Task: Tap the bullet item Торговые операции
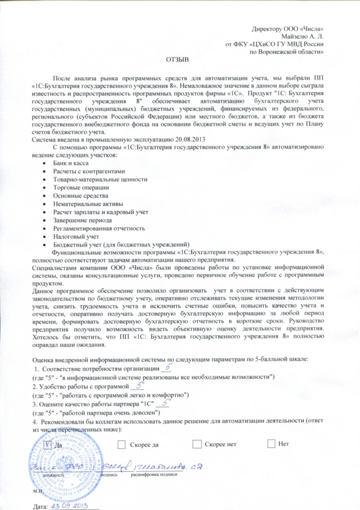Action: click(80, 187)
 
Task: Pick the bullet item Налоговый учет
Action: click(76, 236)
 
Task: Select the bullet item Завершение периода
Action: click(82, 220)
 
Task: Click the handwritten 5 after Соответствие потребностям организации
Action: click(167, 367)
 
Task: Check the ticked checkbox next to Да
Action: click(48, 443)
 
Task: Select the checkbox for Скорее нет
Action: click(197, 443)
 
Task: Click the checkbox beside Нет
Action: click(271, 443)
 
